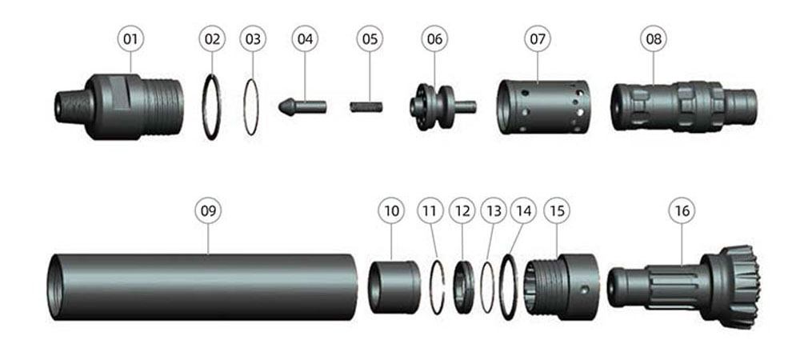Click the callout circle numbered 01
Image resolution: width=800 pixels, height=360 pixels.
[130, 38]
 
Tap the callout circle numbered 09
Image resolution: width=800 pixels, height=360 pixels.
[208, 210]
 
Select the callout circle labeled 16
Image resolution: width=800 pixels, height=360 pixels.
[682, 210]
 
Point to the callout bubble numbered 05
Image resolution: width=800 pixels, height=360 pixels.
[370, 38]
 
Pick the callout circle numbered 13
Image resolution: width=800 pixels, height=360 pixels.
[494, 210]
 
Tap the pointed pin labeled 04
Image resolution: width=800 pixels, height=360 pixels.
[302, 107]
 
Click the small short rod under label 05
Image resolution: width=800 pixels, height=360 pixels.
[366, 107]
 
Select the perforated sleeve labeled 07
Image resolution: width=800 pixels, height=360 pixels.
[543, 107]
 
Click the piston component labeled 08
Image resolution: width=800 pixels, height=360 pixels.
[684, 107]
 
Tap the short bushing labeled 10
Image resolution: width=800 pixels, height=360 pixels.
[395, 287]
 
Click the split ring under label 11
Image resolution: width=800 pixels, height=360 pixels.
[430, 287]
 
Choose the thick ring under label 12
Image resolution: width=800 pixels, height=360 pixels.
[464, 287]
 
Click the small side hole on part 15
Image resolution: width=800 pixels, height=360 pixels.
[586, 290]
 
